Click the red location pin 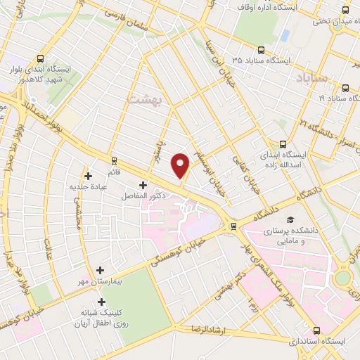[x=181, y=165]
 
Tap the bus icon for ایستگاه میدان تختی [x=345, y=10]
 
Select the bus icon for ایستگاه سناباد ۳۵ [x=261, y=50]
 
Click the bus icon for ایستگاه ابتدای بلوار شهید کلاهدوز [x=41, y=59]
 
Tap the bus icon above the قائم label [x=114, y=160]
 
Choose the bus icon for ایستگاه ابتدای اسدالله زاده [x=283, y=141]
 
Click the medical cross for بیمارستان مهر [x=100, y=269]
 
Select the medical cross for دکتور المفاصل [x=143, y=185]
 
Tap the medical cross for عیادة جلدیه [x=88, y=176]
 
